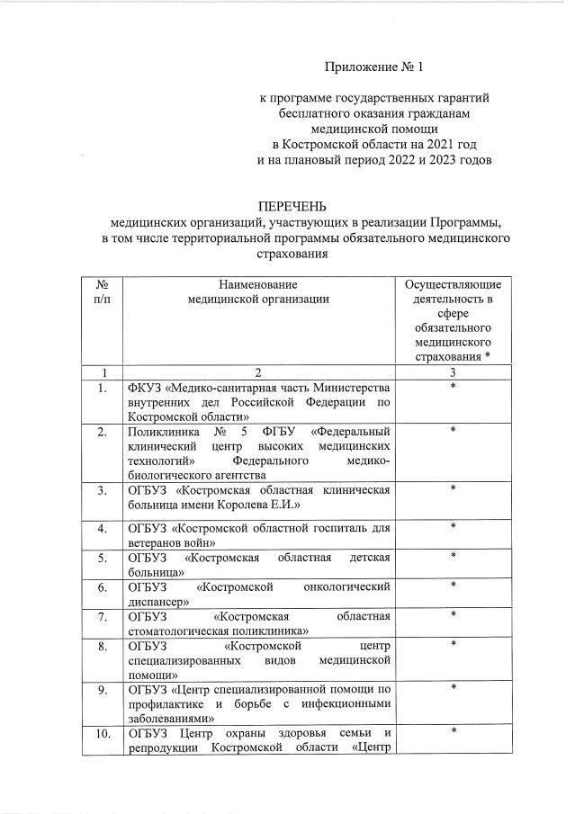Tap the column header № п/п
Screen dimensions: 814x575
pyautogui.click(x=104, y=291)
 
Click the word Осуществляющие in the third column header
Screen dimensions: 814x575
pyautogui.click(x=453, y=284)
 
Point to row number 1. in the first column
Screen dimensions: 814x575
pyautogui.click(x=104, y=388)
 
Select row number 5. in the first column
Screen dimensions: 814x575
pyautogui.click(x=104, y=558)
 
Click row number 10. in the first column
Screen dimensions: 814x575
pyautogui.click(x=104, y=735)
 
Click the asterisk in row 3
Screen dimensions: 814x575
pyautogui.click(x=453, y=489)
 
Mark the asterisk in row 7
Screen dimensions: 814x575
pyautogui.click(x=453, y=615)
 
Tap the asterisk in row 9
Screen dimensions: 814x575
pyautogui.click(x=453, y=688)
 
